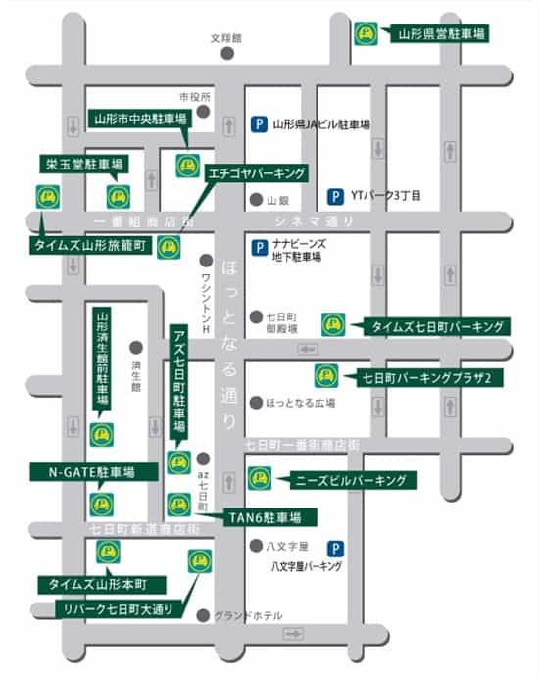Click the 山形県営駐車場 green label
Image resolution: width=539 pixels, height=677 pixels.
pos(441,33)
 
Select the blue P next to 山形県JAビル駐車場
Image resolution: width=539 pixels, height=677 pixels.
pos(259,124)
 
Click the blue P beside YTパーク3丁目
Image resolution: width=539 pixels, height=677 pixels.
pos(336,195)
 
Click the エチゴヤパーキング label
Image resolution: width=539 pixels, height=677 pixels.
pos(257,173)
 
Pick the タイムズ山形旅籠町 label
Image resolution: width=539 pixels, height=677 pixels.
pos(92,246)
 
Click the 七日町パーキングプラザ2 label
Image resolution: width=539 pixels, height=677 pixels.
pos(424,376)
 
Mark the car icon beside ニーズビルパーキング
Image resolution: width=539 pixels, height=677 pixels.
pos(260,478)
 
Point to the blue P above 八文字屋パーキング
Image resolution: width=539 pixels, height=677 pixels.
pos(336,550)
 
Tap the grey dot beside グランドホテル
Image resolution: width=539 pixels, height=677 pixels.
pos(203,615)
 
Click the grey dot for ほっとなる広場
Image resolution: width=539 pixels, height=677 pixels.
pos(256,402)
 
